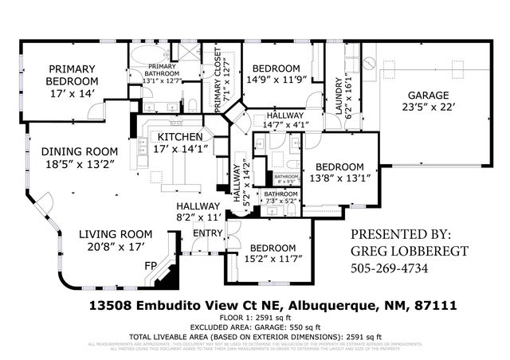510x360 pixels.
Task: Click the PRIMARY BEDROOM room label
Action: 72,75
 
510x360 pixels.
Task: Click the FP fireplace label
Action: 149,266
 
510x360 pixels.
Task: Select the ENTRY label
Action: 208,233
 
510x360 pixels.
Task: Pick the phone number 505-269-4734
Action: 390,268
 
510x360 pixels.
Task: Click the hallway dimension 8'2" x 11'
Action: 198,216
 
